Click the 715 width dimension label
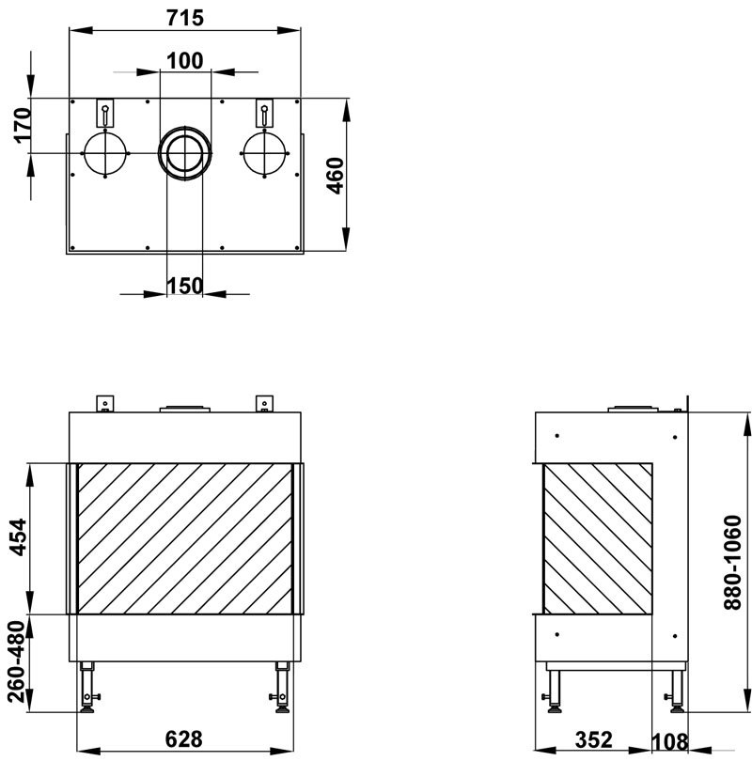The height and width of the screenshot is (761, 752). click(185, 19)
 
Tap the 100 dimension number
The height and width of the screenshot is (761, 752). click(185, 61)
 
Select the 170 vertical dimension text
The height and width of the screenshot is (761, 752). click(23, 125)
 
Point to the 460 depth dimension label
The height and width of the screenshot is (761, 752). click(335, 175)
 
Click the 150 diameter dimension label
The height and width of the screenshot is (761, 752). click(185, 286)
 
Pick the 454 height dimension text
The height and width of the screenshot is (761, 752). click(20, 537)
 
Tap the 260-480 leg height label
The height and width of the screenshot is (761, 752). click(17, 661)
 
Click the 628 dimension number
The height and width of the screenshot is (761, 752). click(184, 739)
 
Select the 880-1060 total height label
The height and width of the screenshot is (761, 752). click(732, 562)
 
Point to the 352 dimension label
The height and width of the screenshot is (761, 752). click(593, 739)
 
